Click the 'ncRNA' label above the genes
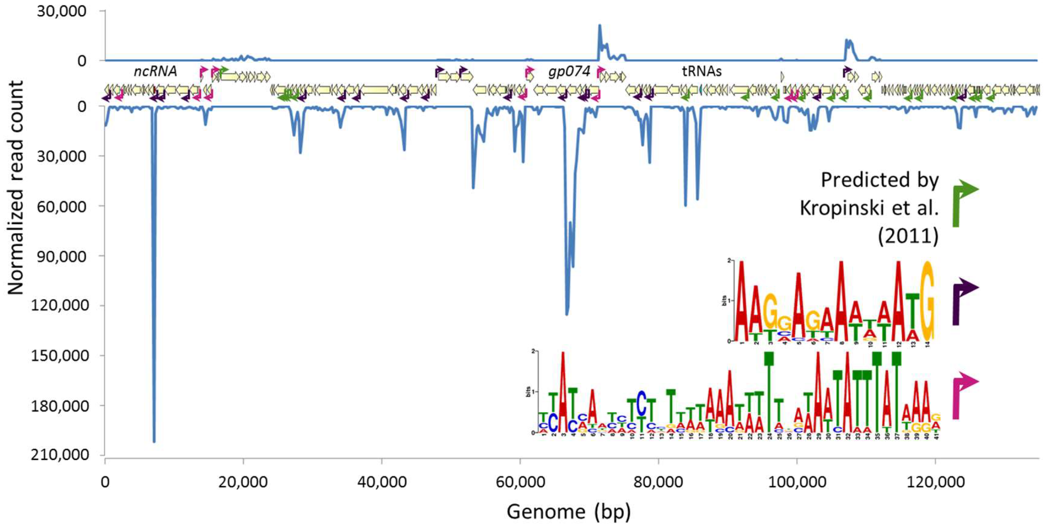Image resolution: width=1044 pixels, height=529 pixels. point(155,71)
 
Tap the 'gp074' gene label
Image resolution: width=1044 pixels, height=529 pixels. point(569,71)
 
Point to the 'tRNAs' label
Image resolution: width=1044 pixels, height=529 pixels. point(701,71)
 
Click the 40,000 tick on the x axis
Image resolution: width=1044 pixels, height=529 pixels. point(381,482)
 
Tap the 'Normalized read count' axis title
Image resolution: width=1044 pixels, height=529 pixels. point(15,187)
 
